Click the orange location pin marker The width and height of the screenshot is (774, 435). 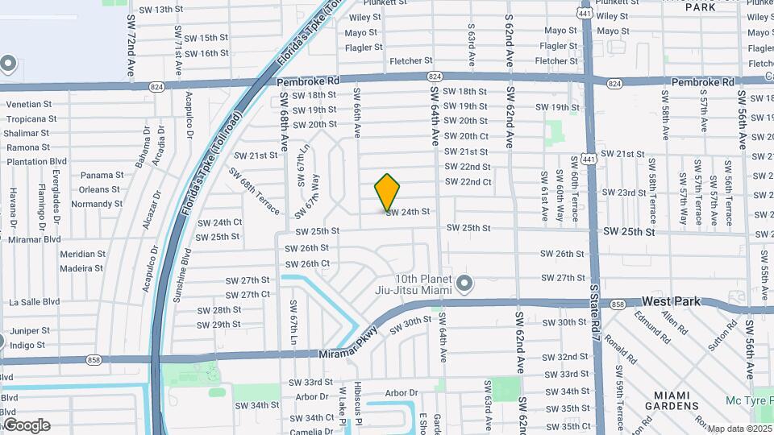point(388,192)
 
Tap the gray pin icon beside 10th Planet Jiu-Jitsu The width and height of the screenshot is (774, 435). point(464,283)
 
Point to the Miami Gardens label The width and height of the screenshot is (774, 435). point(676,400)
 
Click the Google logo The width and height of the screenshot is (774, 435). point(26,425)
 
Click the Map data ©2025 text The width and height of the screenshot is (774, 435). point(740,429)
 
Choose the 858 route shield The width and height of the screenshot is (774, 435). point(618,304)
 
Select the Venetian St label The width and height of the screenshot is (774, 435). point(29,104)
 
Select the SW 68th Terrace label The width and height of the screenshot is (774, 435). point(254,192)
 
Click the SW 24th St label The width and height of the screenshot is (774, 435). point(408,212)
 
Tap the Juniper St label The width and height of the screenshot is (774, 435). point(31,330)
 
